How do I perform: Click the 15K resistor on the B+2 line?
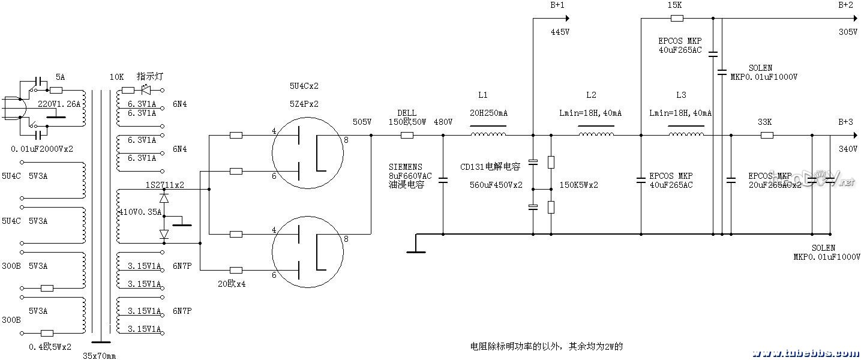675,18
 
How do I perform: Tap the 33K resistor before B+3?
767,135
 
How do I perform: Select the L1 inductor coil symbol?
488,135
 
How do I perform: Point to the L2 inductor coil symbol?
596,135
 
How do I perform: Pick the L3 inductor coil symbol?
686,135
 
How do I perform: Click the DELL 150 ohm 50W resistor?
407,135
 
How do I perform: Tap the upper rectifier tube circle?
307,154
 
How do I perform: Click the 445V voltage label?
560,32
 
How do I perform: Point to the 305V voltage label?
848,32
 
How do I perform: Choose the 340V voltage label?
848,149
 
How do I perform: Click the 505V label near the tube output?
362,122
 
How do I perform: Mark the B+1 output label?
557,5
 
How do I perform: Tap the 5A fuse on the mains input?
56,90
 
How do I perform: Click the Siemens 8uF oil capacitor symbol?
443,179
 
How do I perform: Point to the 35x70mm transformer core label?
100,355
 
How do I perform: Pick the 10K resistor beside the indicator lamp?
128,90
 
